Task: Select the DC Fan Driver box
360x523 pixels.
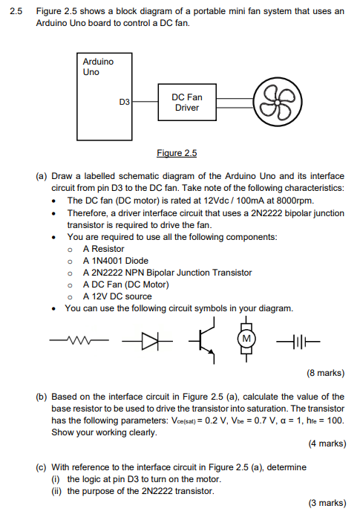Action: pos(186,103)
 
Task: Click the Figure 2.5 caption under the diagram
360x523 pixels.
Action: pos(177,153)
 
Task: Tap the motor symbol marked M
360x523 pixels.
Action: pos(244,340)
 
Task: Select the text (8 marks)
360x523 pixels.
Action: pos(325,373)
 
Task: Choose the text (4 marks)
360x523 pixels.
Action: pos(325,444)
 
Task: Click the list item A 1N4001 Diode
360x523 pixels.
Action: pos(115,261)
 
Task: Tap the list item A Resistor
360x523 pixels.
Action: pos(103,249)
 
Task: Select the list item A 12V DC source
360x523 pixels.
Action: pos(117,296)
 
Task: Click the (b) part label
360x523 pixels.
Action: pos(42,397)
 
